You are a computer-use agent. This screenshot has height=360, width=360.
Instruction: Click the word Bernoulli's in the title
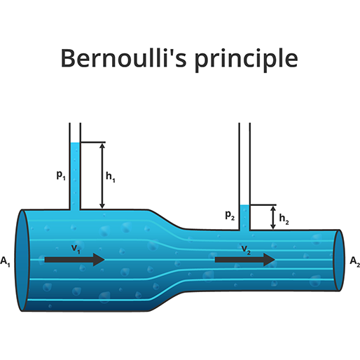coord(124,57)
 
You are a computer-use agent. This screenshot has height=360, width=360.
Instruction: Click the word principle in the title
coord(247,60)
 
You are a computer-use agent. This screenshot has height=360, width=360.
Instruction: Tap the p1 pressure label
coord(61,175)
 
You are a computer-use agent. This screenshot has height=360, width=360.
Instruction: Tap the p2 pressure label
coord(230,215)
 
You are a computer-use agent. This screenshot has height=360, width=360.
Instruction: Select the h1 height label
coord(111,176)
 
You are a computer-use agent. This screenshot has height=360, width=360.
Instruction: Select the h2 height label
coord(284,219)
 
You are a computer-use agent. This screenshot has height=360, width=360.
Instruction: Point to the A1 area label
coord(5,261)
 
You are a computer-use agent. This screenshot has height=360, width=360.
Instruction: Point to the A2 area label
coord(355,261)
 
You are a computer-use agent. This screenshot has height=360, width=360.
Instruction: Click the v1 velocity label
coord(76,249)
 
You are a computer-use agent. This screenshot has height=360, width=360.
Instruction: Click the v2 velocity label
coord(246,249)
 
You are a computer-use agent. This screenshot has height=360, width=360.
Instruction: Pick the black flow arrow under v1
coord(75,260)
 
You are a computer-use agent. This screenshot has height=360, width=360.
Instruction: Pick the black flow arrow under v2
coord(245,260)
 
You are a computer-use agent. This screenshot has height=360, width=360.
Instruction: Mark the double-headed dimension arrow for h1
coord(102,176)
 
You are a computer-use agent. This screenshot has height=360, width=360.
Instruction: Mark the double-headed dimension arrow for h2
coord(273,218)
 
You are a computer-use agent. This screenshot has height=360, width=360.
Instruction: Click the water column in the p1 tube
coord(75,176)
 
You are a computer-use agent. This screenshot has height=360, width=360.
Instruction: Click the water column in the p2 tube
coord(244,218)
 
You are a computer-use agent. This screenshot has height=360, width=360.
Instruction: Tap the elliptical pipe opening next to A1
coord(22,261)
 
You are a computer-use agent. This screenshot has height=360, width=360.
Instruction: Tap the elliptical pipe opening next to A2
coord(339,261)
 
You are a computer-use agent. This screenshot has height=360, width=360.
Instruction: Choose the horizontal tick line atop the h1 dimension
coord(93,142)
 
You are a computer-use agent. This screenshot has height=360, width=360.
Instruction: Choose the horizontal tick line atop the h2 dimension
coord(263,205)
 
